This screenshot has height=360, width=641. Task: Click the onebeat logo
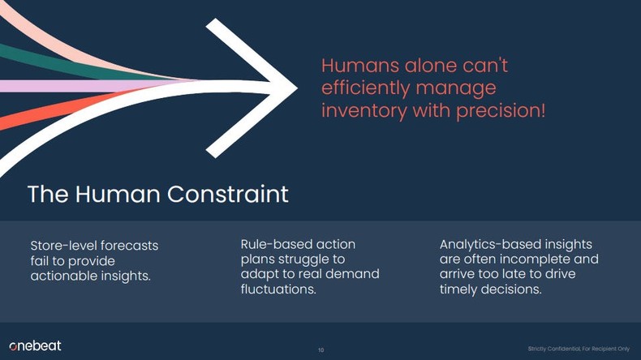coord(35,345)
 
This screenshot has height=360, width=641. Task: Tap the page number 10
coord(320,349)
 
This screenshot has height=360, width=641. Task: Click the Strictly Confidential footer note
coord(578,349)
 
